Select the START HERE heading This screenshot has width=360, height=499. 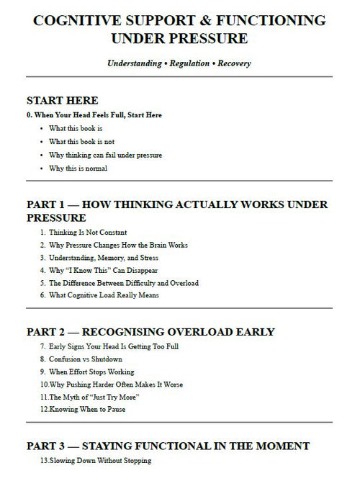[62, 100]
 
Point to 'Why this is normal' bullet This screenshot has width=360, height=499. [78, 168]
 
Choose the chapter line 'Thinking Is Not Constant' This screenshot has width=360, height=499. [88, 233]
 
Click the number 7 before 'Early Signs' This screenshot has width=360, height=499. [44, 346]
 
